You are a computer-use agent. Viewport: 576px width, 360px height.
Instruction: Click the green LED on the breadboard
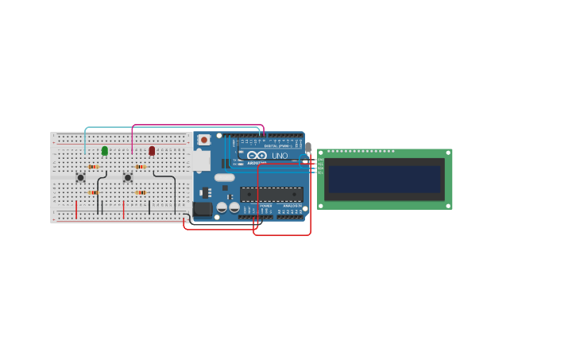[x=104, y=150]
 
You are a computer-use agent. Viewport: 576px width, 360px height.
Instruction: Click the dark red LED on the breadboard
[x=152, y=150]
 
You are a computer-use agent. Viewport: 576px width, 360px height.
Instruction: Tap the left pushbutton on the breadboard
[x=80, y=177]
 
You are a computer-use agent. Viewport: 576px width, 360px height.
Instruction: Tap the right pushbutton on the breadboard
[x=127, y=177]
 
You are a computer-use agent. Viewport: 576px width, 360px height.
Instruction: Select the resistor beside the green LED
[x=93, y=167]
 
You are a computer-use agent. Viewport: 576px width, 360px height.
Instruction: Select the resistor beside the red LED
[x=141, y=167]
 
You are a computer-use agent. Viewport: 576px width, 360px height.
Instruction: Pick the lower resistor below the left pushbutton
[x=93, y=192]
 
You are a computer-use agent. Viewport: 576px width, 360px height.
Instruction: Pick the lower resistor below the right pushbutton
[x=141, y=192]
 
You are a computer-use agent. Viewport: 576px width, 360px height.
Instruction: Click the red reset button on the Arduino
[x=203, y=140]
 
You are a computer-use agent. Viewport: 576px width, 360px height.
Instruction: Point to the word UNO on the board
[x=280, y=156]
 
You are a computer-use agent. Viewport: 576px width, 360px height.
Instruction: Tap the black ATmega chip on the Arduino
[x=271, y=194]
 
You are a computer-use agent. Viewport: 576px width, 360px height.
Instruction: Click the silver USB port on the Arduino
[x=200, y=161]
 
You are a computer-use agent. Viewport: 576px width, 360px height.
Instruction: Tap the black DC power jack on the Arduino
[x=202, y=209]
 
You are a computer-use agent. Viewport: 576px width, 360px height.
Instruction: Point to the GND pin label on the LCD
[x=320, y=161]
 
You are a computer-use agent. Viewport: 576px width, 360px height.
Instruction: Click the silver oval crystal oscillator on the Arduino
[x=225, y=177]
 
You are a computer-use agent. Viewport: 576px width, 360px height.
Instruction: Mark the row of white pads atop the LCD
[x=361, y=151]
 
